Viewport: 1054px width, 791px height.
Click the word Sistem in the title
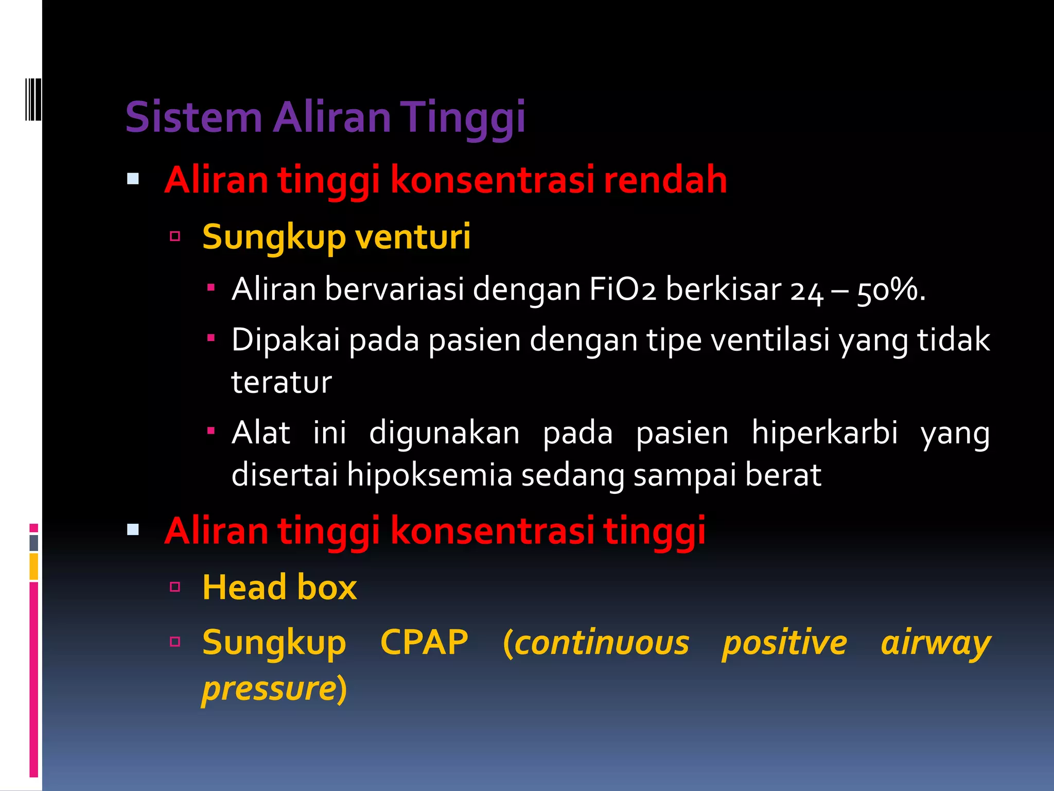pyautogui.click(x=194, y=117)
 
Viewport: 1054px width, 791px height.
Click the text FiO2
pyautogui.click(x=622, y=289)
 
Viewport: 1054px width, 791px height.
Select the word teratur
pyautogui.click(x=282, y=382)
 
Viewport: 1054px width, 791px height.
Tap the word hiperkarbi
pyautogui.click(x=824, y=432)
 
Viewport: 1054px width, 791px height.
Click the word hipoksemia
pyautogui.click(x=429, y=474)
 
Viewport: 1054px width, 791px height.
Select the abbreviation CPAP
pyautogui.click(x=424, y=642)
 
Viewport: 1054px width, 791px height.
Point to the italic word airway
pyautogui.click(x=935, y=643)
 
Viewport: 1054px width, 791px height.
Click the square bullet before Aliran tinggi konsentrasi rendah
pyautogui.click(x=133, y=179)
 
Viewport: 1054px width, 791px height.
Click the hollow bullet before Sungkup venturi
pyautogui.click(x=175, y=236)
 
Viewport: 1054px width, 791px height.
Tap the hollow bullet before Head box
pyautogui.click(x=175, y=587)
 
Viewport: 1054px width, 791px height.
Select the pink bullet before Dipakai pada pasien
pyautogui.click(x=210, y=338)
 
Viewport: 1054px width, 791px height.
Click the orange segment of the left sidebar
pyautogui.click(x=33, y=566)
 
